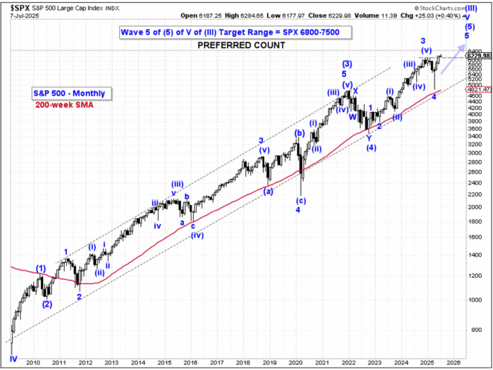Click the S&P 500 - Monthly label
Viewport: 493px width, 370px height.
tap(67, 93)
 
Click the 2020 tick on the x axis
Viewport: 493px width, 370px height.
tap(296, 364)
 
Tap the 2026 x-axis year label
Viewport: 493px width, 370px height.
tap(453, 364)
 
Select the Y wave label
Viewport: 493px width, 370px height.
tap(368, 138)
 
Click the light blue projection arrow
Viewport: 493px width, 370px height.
tap(451, 54)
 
